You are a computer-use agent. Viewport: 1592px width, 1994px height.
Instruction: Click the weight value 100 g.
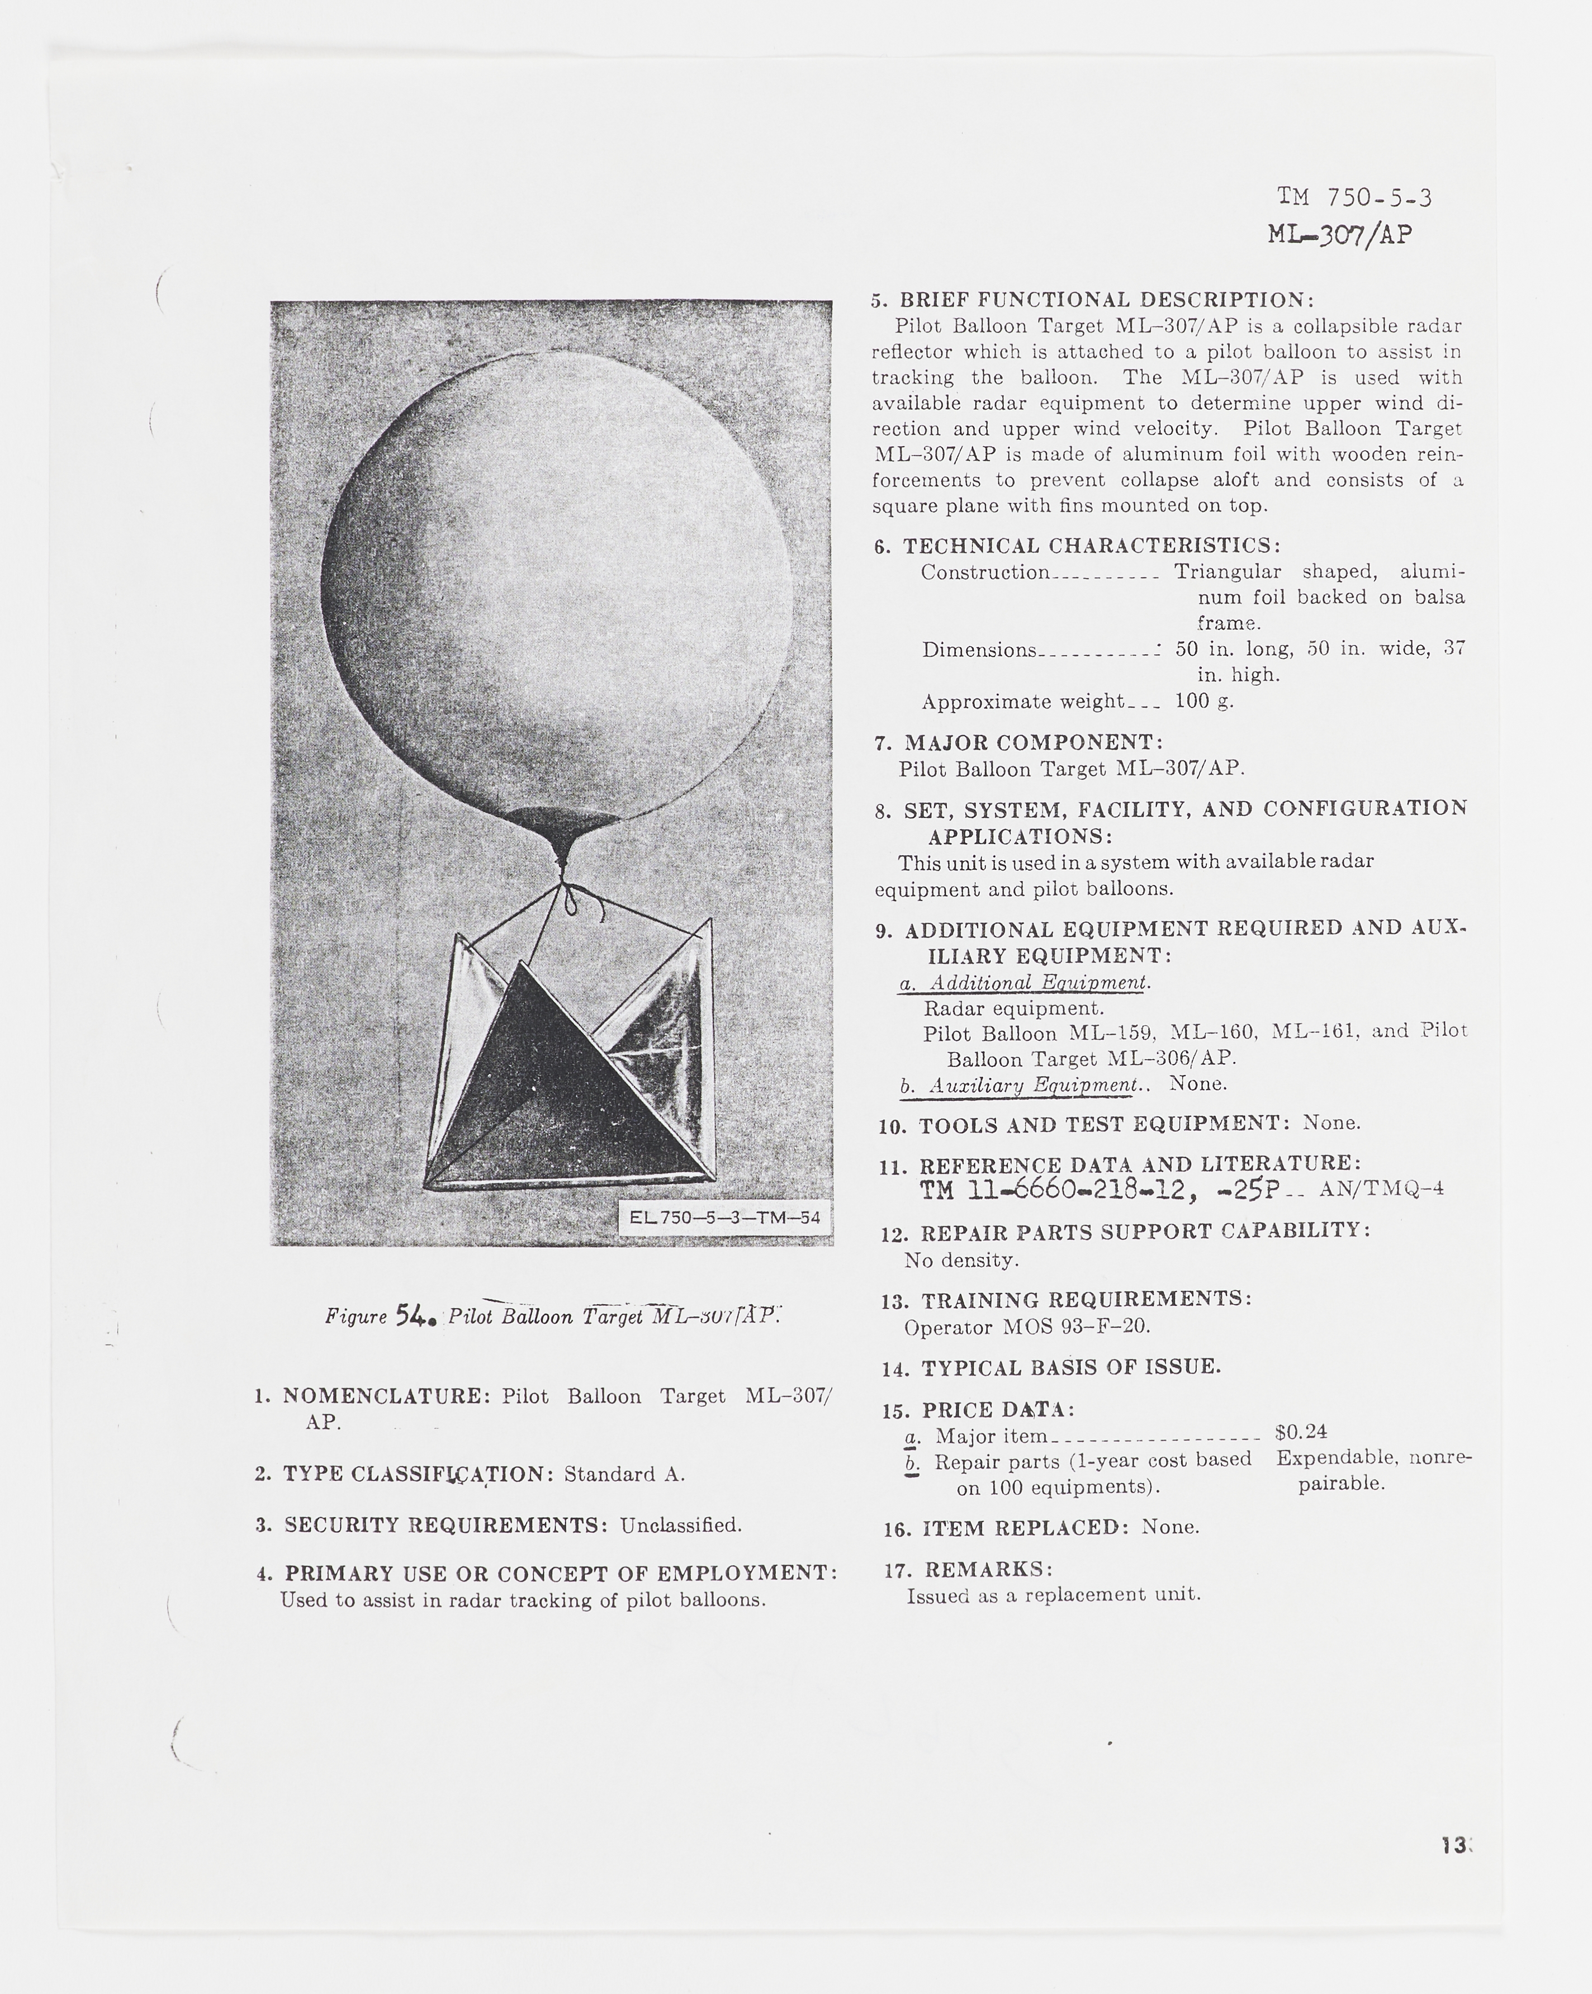point(1205,701)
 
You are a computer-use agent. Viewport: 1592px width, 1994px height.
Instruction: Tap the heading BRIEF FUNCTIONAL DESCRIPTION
point(1106,300)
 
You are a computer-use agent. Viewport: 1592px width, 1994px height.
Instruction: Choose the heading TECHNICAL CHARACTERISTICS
point(1092,546)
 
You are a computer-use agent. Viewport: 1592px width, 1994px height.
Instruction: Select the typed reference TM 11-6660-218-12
point(1053,1190)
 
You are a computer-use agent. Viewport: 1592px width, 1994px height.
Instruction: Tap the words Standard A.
point(624,1474)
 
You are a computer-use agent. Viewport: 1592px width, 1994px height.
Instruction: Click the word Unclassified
point(681,1525)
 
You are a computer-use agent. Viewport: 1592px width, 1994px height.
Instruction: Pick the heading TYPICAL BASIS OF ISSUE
point(1071,1368)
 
